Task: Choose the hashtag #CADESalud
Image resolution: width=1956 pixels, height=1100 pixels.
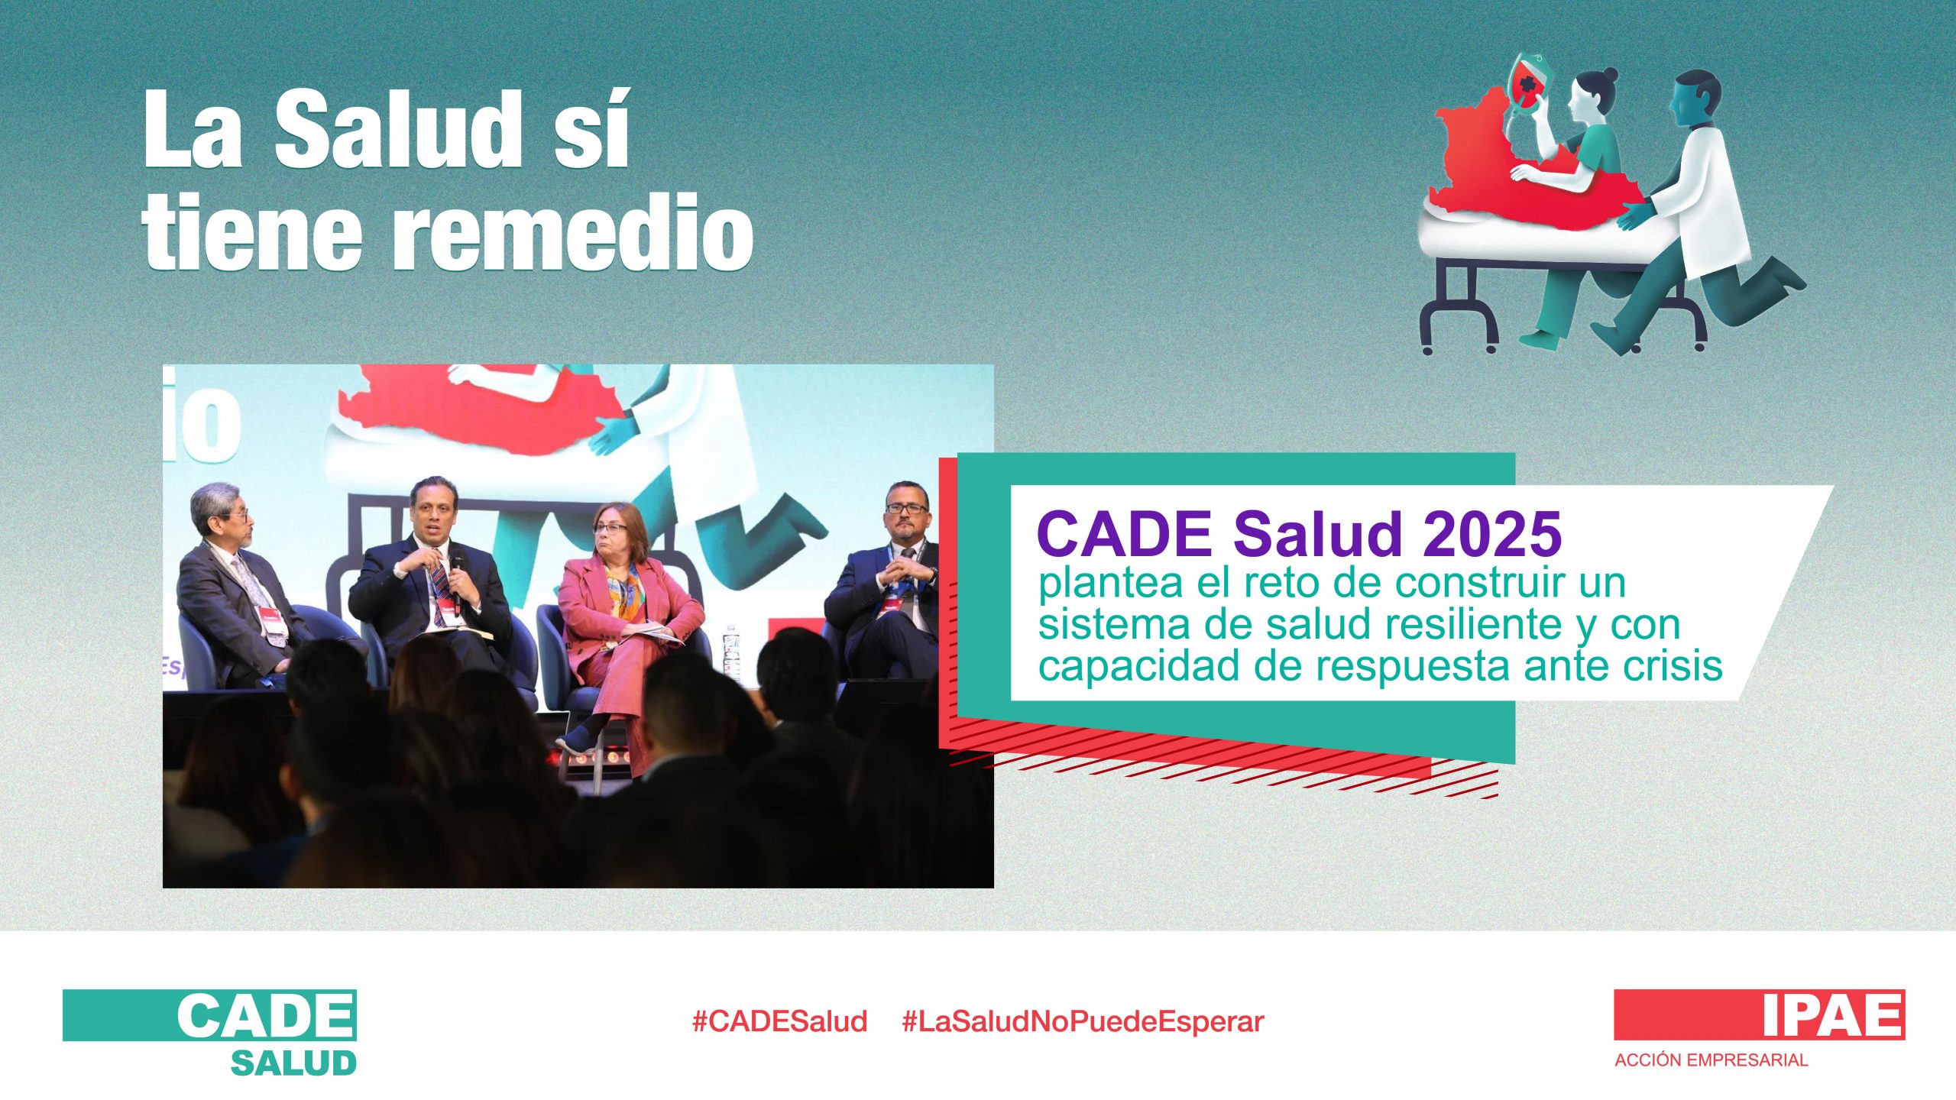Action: pyautogui.click(x=779, y=1021)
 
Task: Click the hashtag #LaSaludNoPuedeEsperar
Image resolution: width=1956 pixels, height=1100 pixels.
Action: pyautogui.click(x=1083, y=1021)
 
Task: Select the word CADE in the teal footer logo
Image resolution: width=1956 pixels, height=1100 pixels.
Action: pyautogui.click(x=266, y=1015)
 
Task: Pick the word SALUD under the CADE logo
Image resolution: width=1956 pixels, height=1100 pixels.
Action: pyautogui.click(x=293, y=1063)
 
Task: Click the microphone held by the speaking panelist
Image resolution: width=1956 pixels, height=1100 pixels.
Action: pyautogui.click(x=456, y=581)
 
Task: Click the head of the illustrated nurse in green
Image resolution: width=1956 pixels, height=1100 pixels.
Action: pyautogui.click(x=1593, y=92)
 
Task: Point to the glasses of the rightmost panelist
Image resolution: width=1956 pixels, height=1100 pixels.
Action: pyautogui.click(x=907, y=508)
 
